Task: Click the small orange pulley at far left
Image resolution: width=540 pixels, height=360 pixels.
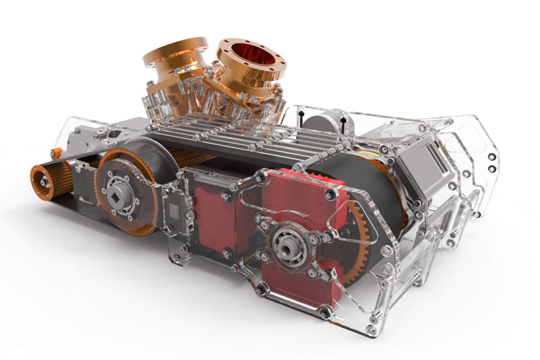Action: (x=44, y=181)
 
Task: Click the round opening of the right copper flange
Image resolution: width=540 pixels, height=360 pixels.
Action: (x=251, y=58)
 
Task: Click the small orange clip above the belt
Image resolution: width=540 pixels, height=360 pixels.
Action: (x=56, y=153)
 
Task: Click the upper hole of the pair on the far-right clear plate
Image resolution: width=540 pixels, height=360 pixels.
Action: (x=491, y=158)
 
